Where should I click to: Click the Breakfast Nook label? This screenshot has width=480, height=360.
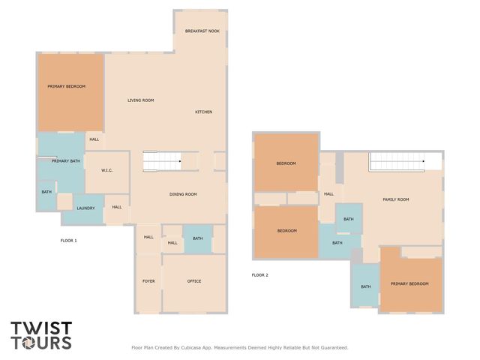pos(202,31)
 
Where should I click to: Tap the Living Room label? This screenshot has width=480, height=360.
pos(140,100)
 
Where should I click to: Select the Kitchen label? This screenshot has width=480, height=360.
pos(204,112)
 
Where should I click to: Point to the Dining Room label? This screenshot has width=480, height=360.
pos(183,194)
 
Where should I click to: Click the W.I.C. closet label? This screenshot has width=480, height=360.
pos(107,170)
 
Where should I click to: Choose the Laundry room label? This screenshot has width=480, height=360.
pos(85,208)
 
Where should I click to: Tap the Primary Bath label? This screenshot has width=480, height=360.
pos(66,160)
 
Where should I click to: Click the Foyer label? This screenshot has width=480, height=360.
pos(148,281)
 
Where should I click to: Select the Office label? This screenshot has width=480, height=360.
pos(193,281)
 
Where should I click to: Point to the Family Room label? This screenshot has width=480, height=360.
pos(395,199)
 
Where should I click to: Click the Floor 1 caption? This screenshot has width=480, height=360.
pos(69,240)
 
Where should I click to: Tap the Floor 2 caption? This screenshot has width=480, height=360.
pos(259,274)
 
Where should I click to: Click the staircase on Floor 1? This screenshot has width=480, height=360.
pos(162,160)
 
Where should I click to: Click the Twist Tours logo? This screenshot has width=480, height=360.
pos(41,335)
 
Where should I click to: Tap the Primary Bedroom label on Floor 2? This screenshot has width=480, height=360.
pos(409,283)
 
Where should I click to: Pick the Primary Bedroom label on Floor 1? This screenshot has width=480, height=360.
pos(67,86)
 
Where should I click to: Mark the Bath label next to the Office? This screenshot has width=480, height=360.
pos(197,238)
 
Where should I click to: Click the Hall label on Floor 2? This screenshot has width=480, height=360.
pos(328,194)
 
